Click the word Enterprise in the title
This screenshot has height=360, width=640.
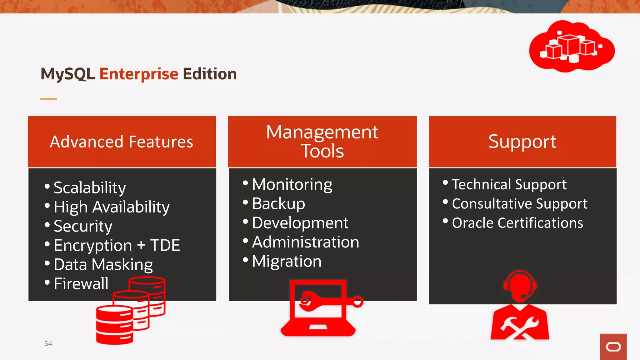pyautogui.click(x=139, y=74)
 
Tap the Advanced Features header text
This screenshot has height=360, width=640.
pyautogui.click(x=122, y=142)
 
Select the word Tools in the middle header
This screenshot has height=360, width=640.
pyautogui.click(x=322, y=151)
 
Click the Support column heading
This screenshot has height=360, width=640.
pyautogui.click(x=522, y=142)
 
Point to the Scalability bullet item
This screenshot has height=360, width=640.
pyautogui.click(x=90, y=187)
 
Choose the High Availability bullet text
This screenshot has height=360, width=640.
pyautogui.click(x=112, y=207)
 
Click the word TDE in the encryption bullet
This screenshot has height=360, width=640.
pyautogui.click(x=165, y=245)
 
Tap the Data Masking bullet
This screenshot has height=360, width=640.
pyautogui.click(x=103, y=265)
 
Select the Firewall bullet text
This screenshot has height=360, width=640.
pyautogui.click(x=81, y=284)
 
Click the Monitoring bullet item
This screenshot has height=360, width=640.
pyautogui.click(x=292, y=184)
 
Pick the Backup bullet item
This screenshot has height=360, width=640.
pyautogui.click(x=278, y=204)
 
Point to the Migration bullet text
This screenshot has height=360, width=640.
pyautogui.click(x=287, y=261)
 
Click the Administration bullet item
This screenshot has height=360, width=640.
pyautogui.click(x=305, y=242)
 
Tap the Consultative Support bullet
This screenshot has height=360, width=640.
pyautogui.click(x=519, y=204)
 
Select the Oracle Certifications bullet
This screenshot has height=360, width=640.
pyautogui.click(x=517, y=223)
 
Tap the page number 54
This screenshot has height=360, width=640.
pyautogui.click(x=48, y=344)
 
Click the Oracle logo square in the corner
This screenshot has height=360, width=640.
pyautogui.click(x=613, y=347)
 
